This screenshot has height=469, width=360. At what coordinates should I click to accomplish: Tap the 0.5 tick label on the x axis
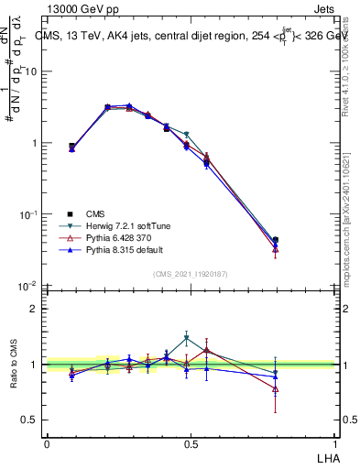[191, 443]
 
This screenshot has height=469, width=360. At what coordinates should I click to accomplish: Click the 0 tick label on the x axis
[47, 443]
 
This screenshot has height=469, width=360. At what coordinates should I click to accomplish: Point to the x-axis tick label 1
[334, 443]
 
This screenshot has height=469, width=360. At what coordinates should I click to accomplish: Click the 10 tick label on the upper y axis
[34, 71]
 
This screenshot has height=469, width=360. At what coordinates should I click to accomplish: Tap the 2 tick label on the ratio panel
[37, 309]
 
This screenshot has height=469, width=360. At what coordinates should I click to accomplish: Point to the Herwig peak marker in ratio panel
[186, 338]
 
